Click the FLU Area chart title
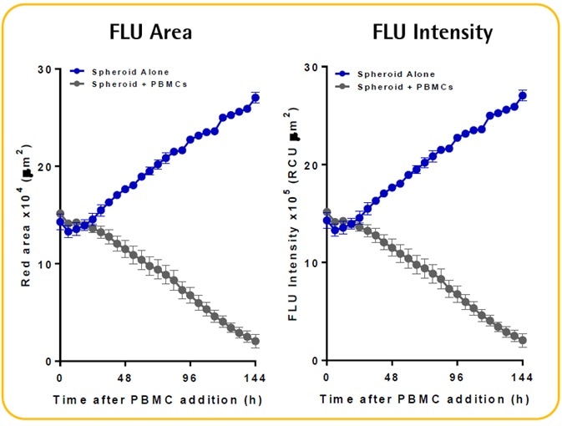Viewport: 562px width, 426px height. point(150,33)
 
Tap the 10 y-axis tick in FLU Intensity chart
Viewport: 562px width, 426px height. point(311,263)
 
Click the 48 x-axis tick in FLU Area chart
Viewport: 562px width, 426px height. point(124,378)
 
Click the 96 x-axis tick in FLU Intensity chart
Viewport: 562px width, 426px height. point(457,378)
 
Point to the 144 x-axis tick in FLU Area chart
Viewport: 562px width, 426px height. point(255,378)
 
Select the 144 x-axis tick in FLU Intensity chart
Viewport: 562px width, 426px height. point(523,378)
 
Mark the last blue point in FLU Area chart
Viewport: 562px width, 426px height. point(255,98)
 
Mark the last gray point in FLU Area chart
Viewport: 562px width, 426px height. point(255,342)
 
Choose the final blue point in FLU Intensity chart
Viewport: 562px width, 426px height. point(523,95)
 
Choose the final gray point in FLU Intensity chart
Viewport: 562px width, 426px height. point(523,341)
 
